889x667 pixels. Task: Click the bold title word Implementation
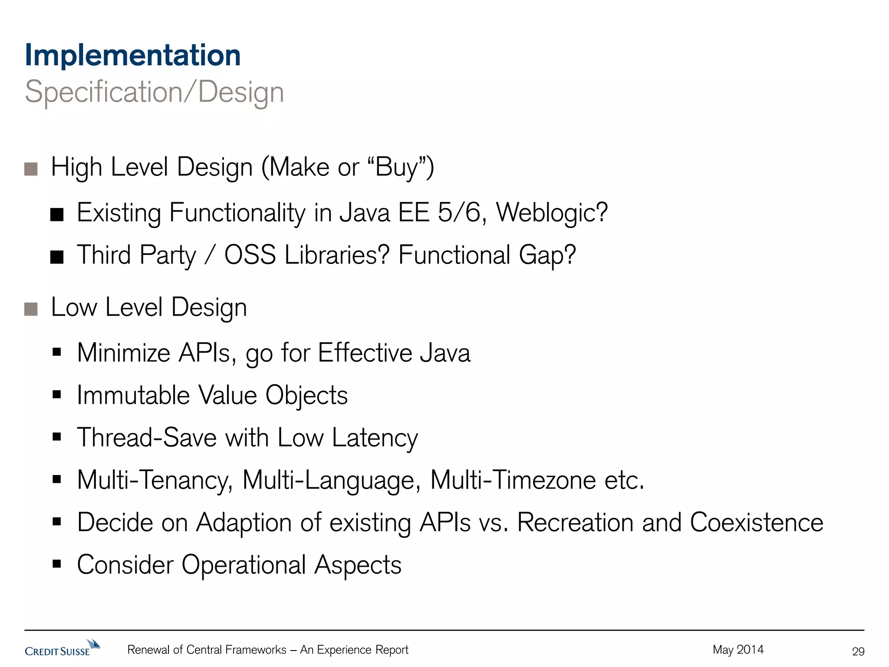[x=133, y=56]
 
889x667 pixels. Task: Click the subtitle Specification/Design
[x=154, y=92]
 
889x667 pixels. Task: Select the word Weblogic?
[x=552, y=213]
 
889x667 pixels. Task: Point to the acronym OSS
[x=250, y=255]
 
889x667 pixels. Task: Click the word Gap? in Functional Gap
[x=547, y=255]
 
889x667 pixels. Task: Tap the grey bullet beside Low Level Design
[x=31, y=309]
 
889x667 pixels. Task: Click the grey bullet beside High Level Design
[x=31, y=169]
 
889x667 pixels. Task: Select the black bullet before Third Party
[x=57, y=257]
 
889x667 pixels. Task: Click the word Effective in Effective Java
[x=365, y=353]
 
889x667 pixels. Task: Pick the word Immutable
[x=133, y=395]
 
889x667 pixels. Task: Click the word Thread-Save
[x=147, y=437]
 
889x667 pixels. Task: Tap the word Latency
[x=375, y=438]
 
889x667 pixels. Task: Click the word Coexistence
[x=756, y=522]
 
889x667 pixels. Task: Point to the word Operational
[x=244, y=565]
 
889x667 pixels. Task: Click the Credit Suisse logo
[x=63, y=649]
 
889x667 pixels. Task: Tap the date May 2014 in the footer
[x=738, y=650]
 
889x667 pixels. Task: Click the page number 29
[x=858, y=651]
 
